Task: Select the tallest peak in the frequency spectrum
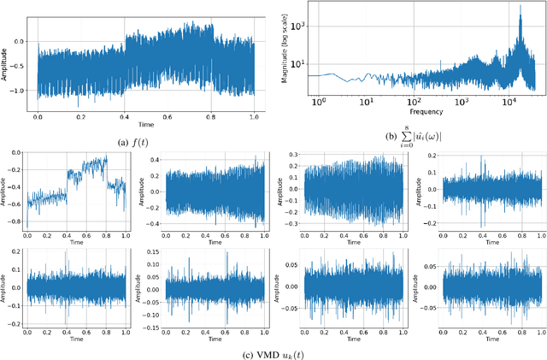tap(519, 8)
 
